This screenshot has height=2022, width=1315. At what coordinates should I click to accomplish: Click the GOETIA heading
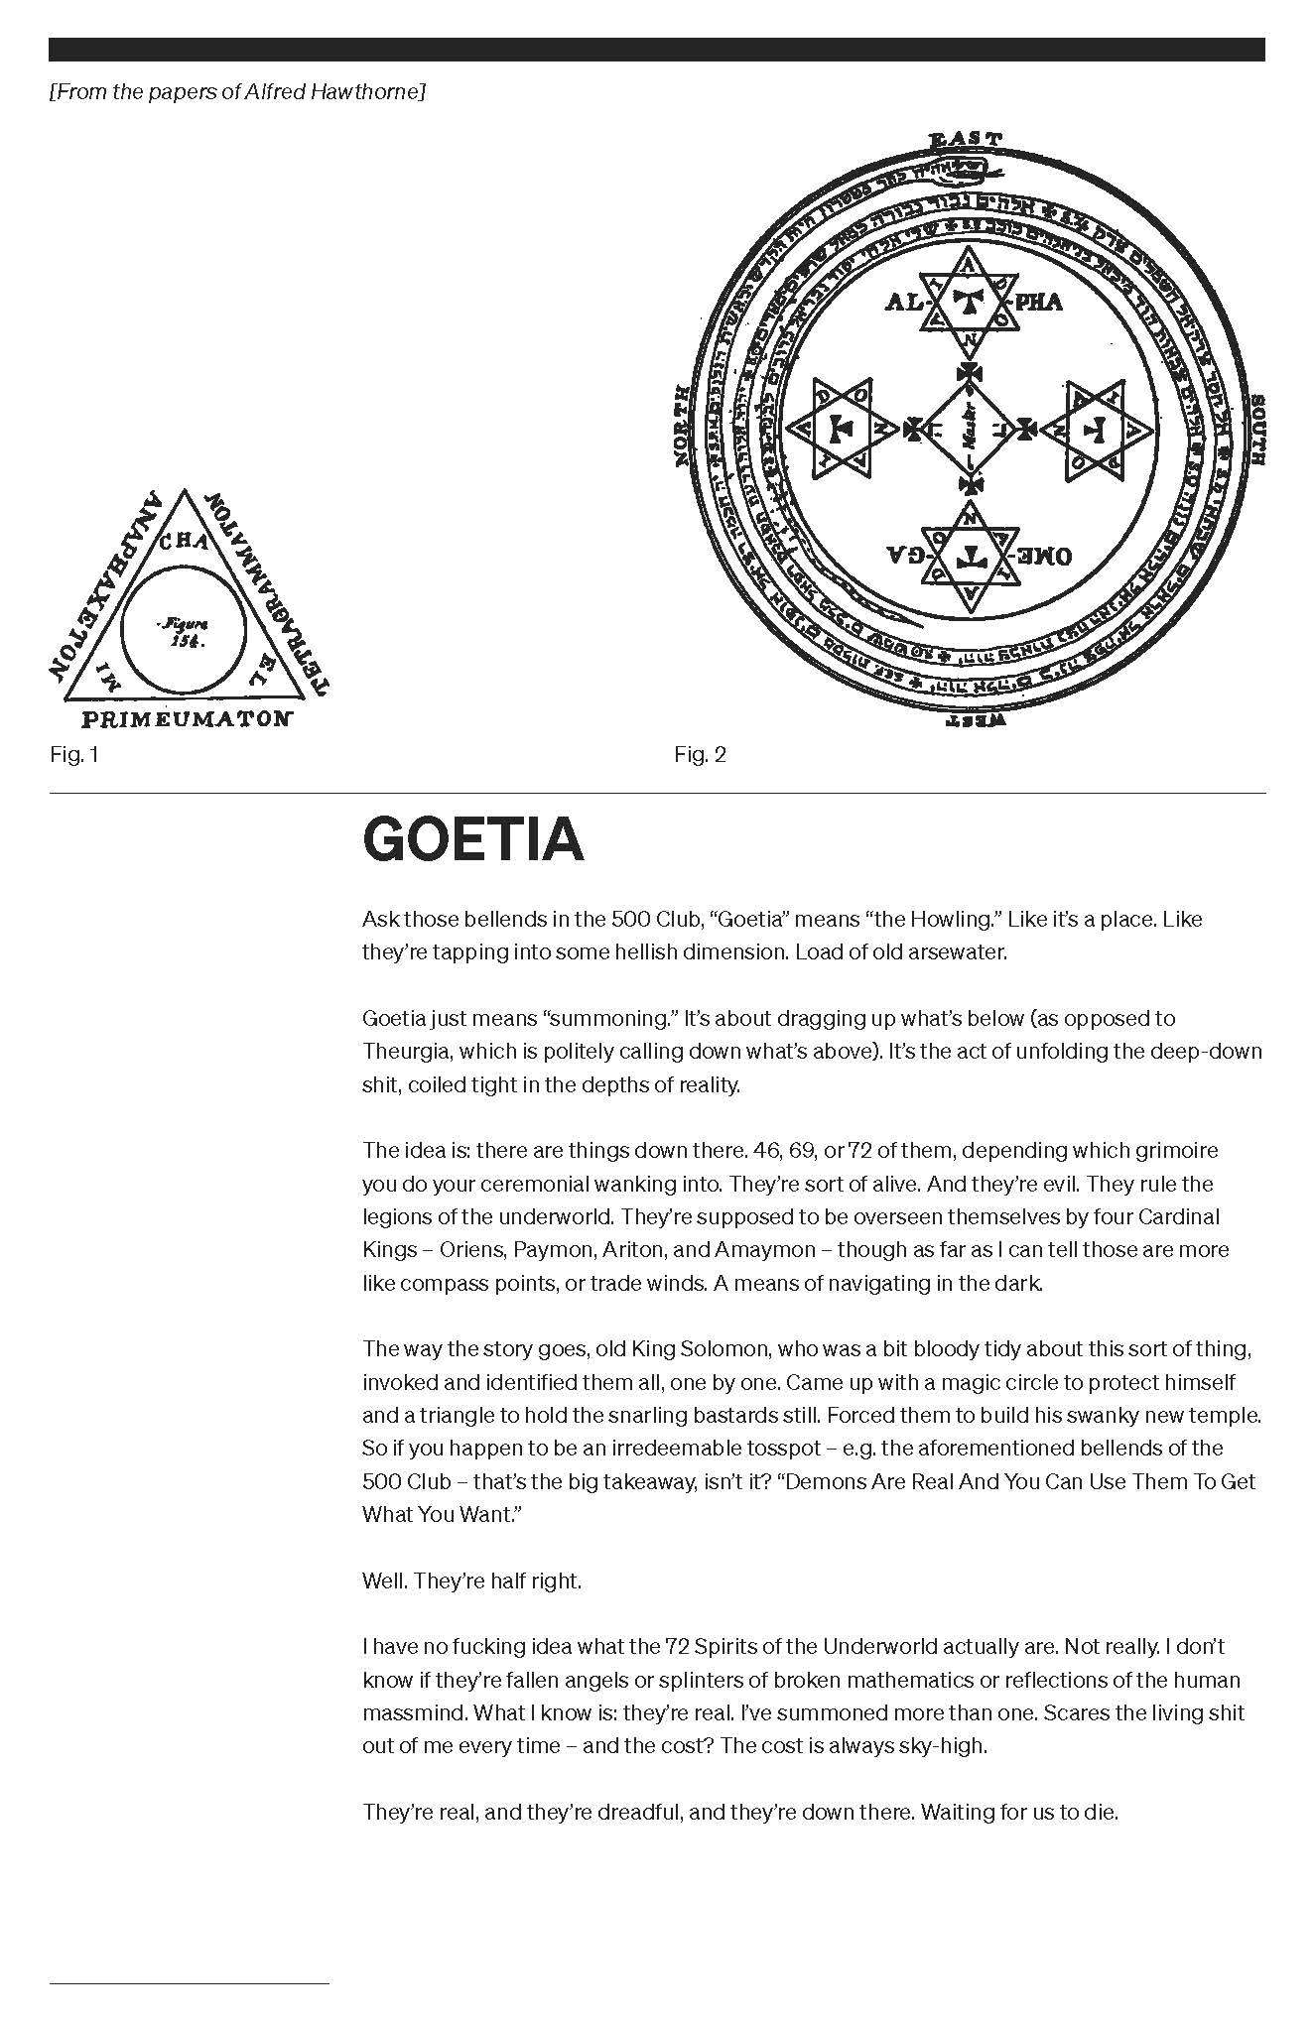(472, 839)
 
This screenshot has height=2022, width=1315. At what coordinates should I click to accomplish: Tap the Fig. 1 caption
(74, 755)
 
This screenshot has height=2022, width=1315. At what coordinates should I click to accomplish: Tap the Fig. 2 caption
(700, 755)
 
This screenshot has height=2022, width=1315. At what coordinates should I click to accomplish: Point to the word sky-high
(943, 1745)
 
